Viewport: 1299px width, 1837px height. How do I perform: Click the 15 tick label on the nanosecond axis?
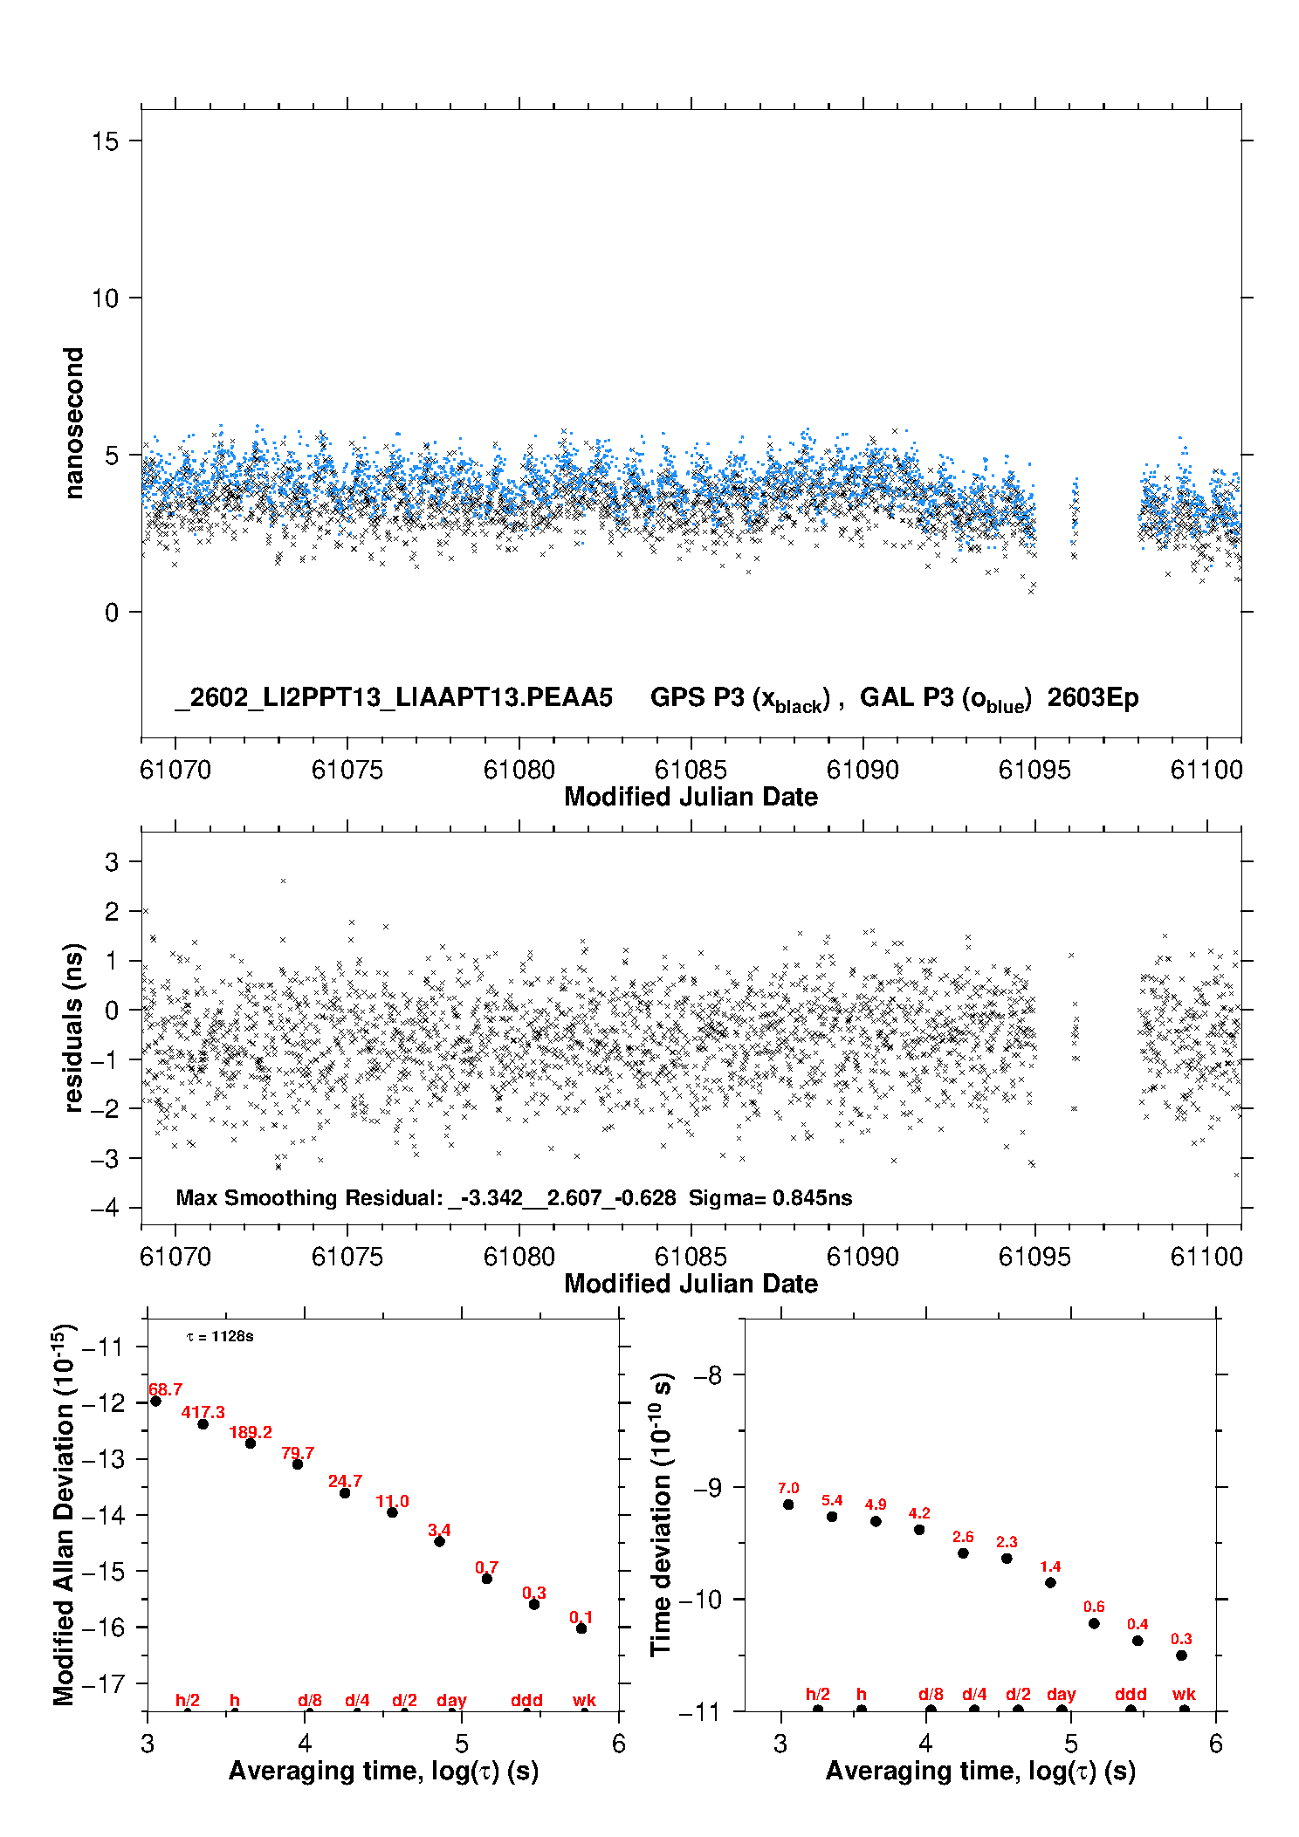pos(105,141)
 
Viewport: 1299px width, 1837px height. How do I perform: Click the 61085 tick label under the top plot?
pos(691,770)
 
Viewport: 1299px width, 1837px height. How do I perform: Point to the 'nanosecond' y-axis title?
pos(74,423)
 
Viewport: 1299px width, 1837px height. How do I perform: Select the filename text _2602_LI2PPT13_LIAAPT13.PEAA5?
pos(394,697)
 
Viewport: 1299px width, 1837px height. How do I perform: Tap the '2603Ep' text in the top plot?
pos(1093,697)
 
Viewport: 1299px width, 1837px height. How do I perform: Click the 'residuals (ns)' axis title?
pos(74,1027)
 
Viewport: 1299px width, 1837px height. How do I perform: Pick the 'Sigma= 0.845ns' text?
pos(770,1197)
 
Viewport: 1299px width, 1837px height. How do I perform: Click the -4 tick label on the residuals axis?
pos(105,1208)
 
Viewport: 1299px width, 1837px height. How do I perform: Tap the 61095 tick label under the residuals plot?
pos(1034,1257)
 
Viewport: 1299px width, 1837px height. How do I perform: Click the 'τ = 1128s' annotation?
pos(220,1336)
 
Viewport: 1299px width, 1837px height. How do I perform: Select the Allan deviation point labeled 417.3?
pos(203,1423)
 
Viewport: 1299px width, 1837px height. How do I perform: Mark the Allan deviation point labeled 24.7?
pos(345,1492)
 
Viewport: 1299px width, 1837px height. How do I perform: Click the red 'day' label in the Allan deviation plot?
pos(451,1700)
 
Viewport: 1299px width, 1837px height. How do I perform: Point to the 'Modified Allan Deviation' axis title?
pos(63,1514)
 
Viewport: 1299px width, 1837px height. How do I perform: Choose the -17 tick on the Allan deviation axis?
pos(103,1683)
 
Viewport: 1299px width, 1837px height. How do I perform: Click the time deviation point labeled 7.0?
pos(788,1504)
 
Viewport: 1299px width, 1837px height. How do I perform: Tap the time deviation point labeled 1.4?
pos(1050,1582)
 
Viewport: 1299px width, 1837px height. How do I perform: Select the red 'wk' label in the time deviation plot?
pos(1184,1694)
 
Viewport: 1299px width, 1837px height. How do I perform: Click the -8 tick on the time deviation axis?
pos(707,1375)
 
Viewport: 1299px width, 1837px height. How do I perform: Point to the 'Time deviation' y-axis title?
pos(661,1514)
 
